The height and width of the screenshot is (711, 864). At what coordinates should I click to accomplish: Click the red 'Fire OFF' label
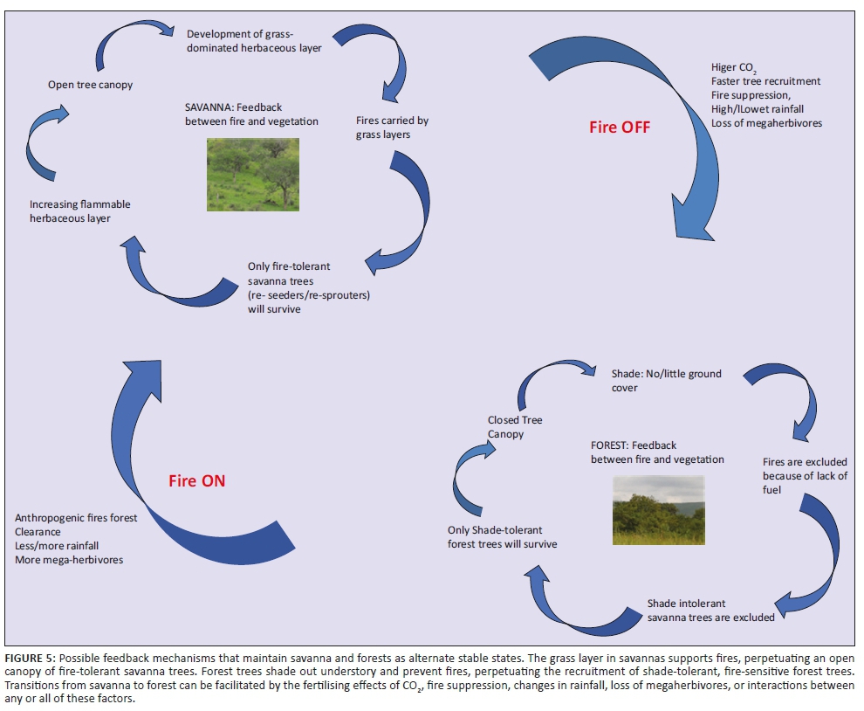click(x=620, y=127)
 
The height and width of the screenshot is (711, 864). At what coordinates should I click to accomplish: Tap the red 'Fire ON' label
click(x=196, y=480)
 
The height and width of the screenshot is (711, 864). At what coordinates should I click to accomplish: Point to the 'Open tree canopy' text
click(x=90, y=85)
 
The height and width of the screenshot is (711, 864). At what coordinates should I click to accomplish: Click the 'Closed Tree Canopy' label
click(x=514, y=427)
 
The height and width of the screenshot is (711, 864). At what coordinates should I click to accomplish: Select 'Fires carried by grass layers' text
click(x=392, y=128)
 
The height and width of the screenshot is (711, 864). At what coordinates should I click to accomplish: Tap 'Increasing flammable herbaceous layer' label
click(x=80, y=211)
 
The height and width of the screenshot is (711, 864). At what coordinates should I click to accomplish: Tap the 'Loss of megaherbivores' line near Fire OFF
click(x=766, y=123)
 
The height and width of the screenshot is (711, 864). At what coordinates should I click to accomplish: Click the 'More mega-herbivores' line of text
click(x=69, y=559)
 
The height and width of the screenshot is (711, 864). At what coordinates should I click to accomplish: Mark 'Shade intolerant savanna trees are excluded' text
click(x=710, y=611)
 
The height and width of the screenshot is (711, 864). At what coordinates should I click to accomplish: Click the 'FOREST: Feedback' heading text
click(x=633, y=445)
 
